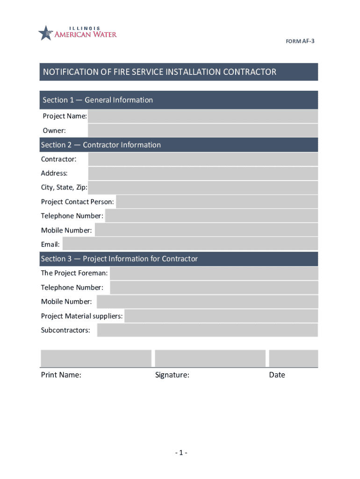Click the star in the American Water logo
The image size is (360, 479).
[45, 33]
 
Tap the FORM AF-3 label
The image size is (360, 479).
[300, 41]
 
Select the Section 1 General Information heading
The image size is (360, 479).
[98, 100]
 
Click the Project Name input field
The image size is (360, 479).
[202, 116]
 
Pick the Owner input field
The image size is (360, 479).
[202, 131]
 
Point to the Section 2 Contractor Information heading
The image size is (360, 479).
[101, 145]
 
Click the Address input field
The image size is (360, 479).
[202, 174]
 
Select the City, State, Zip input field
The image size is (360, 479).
[202, 188]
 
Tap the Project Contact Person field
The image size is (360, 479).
[216, 202]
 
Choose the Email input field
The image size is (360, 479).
[190, 244]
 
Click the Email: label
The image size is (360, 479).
[50, 244]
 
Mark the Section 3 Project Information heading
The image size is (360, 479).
[119, 259]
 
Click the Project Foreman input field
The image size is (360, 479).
[214, 273]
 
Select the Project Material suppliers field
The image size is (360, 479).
[221, 316]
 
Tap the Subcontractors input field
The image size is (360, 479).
[207, 330]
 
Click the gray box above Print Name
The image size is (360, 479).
[96, 358]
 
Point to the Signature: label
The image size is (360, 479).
[172, 375]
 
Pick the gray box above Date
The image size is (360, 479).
[293, 358]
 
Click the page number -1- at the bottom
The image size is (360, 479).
[181, 453]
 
